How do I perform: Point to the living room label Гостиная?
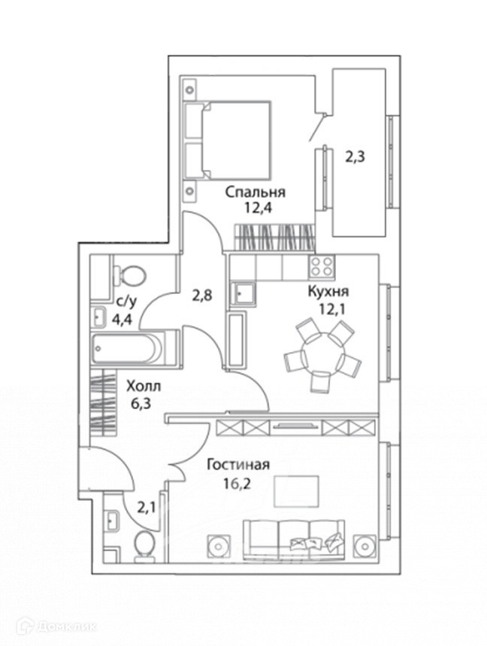pyautogui.click(x=238, y=465)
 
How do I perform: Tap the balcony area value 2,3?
pyautogui.click(x=355, y=158)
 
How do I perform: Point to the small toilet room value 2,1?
pyautogui.click(x=147, y=508)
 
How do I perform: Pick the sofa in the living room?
pyautogui.click(x=293, y=538)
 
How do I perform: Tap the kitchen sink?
pyautogui.click(x=243, y=292)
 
